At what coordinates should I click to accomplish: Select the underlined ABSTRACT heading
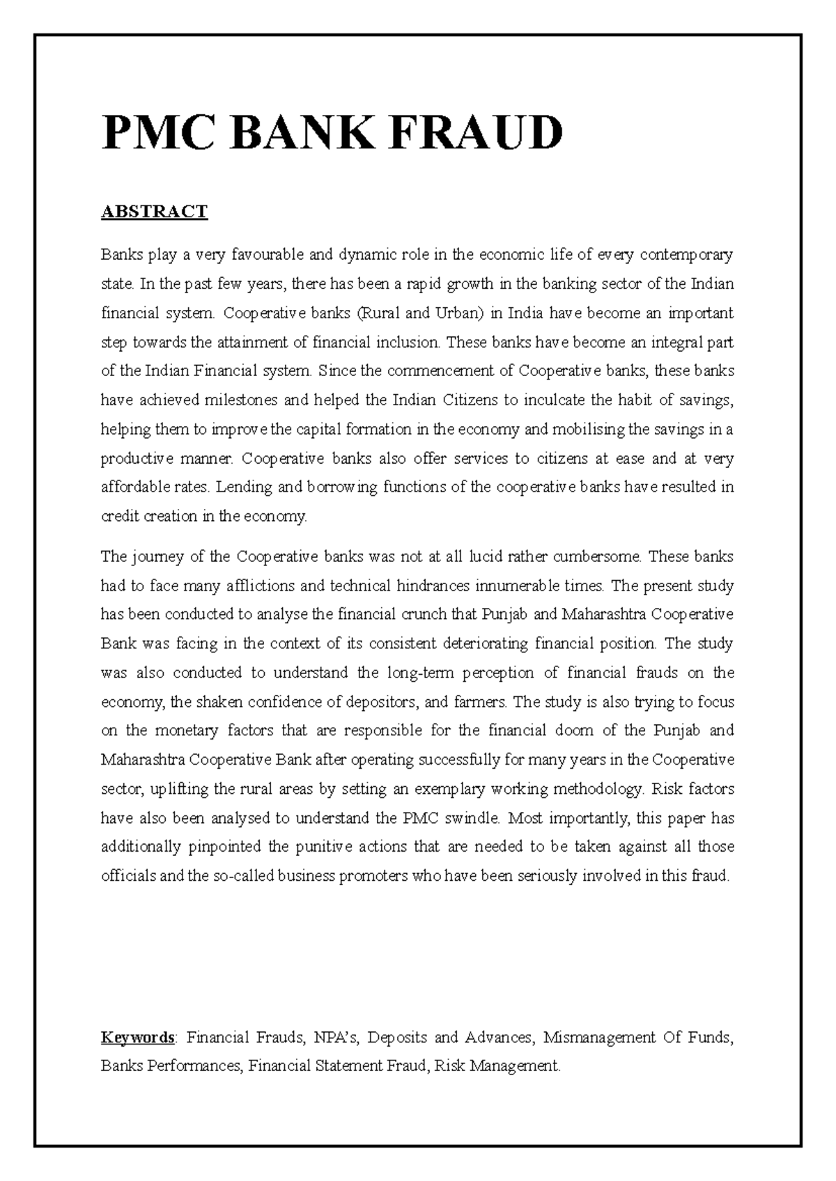tap(155, 212)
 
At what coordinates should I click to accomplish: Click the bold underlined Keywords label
tap(138, 1038)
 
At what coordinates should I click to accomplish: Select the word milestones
tap(240, 400)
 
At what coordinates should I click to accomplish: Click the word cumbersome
tap(601, 557)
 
